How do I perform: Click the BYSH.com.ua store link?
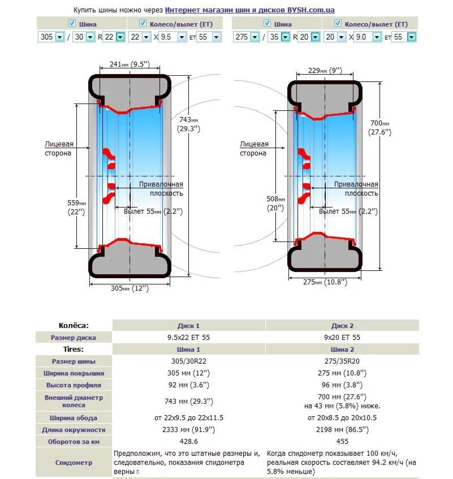click(249, 10)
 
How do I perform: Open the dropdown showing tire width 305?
click(51, 37)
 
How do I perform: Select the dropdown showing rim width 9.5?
click(172, 37)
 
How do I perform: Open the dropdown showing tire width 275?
click(246, 37)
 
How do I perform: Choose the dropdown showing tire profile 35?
click(278, 37)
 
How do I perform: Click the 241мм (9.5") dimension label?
click(130, 64)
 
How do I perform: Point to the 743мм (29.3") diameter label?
click(189, 124)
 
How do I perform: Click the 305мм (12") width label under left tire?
click(130, 288)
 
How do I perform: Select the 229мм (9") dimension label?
click(322, 71)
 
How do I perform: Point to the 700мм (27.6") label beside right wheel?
click(379, 128)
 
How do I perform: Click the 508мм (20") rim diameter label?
click(277, 203)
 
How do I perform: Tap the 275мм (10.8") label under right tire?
click(325, 282)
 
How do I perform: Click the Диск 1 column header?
click(189, 326)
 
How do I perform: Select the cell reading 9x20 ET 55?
click(342, 338)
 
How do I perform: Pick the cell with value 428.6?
click(189, 442)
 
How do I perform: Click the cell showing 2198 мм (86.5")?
click(342, 430)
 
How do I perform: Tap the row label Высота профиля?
click(74, 385)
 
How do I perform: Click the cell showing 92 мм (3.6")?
click(189, 385)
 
